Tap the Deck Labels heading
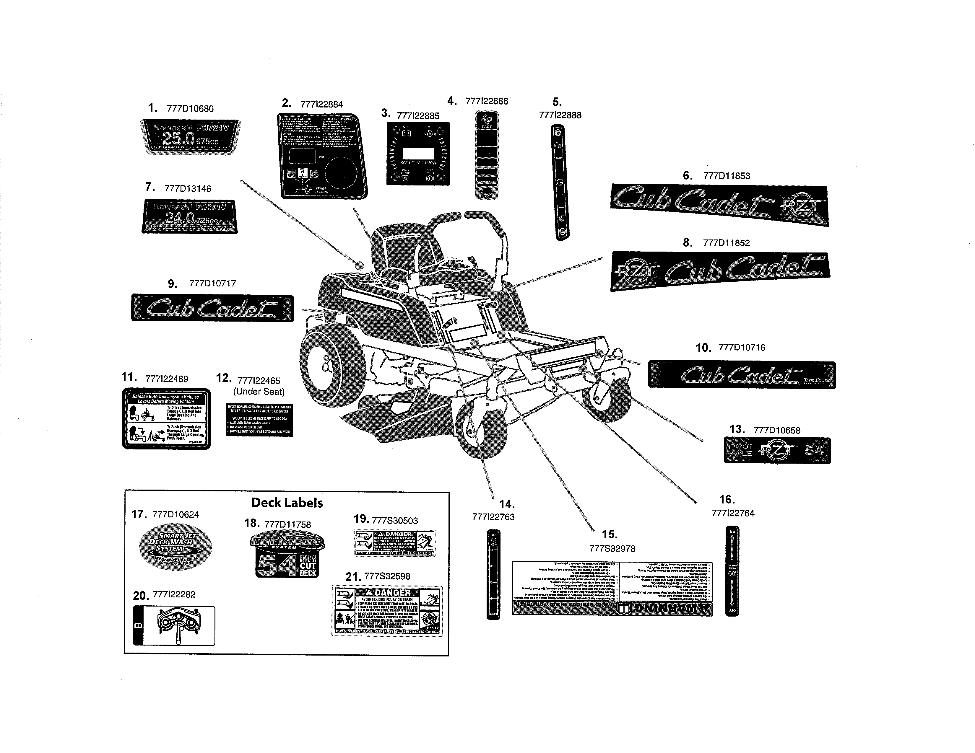coord(287,503)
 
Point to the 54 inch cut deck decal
coord(287,555)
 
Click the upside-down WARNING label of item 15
coord(612,589)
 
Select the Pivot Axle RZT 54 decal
coord(777,450)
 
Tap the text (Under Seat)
coord(259,392)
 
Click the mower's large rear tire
coord(331,364)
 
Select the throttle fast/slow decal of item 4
coord(487,155)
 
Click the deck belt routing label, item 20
coord(174,625)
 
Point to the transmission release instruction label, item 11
coord(166,418)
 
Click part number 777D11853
coord(726,176)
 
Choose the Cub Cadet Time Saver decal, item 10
coord(742,375)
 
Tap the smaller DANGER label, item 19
coord(395,543)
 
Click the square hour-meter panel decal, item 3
coord(418,154)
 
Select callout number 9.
coord(172,284)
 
